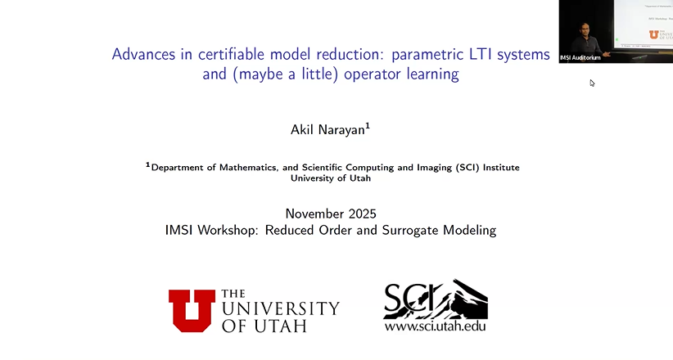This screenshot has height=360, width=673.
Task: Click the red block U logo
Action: point(192,310)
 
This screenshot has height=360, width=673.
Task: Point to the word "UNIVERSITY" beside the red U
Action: point(280,309)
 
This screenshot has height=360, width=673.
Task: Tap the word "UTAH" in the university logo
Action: point(281,325)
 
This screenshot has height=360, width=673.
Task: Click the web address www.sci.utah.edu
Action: point(436,326)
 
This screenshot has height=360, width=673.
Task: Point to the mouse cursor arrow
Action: point(592,83)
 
